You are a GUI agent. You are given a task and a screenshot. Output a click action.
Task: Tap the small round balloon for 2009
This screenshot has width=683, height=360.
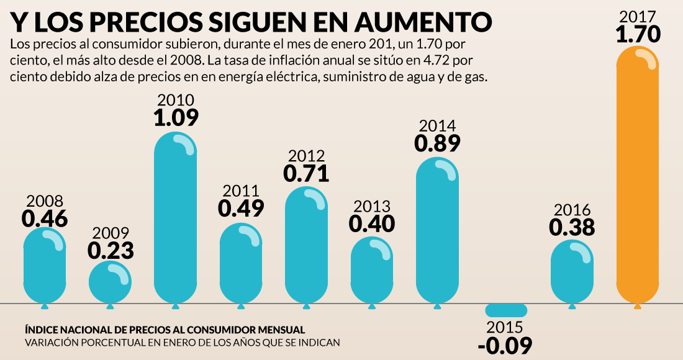pos(110,282)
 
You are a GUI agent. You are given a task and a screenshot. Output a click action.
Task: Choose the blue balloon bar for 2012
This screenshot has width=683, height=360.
pos(306,245)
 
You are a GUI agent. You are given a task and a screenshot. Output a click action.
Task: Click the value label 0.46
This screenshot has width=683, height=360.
pos(45,218)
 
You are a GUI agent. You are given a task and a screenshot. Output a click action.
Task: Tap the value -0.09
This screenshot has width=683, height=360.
pos(505,344)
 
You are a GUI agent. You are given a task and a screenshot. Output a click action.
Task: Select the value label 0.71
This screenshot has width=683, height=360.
pos(306,173)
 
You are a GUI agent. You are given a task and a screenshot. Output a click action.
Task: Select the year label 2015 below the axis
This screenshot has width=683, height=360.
pos(505,328)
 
